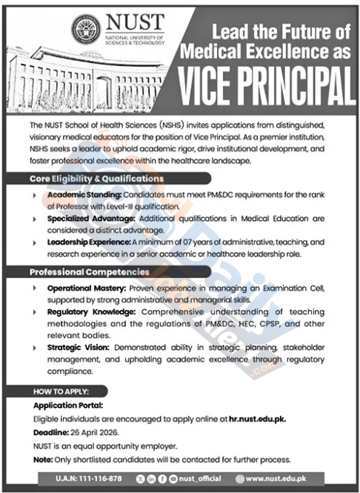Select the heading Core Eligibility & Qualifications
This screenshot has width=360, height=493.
tap(97, 179)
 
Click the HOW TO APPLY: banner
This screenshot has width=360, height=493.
tap(61, 391)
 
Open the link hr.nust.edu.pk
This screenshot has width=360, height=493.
tap(256, 418)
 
